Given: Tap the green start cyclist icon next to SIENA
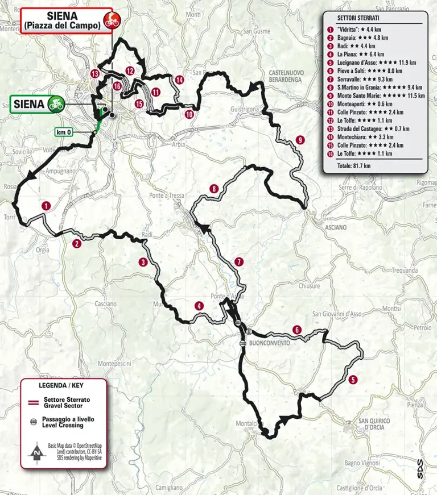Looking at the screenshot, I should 55,104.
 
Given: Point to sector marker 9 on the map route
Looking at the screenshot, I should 300,140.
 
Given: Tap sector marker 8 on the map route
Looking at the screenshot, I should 213,189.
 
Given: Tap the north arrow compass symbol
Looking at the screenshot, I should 36,453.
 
